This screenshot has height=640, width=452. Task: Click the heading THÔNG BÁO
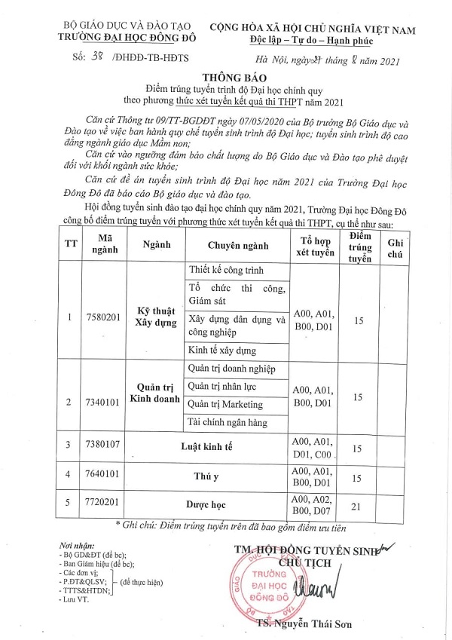tap(226, 77)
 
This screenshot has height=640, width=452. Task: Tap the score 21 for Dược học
tap(358, 500)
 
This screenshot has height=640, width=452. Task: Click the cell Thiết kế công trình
tap(228, 271)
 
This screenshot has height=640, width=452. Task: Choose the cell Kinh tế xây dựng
tap(224, 351)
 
